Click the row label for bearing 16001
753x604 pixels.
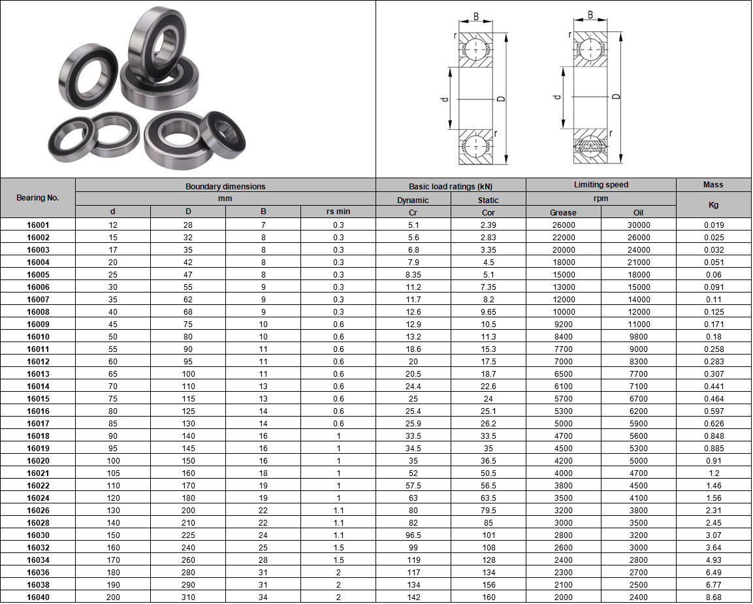click(x=38, y=225)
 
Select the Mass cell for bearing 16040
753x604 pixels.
click(x=713, y=597)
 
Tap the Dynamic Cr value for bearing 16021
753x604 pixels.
click(x=413, y=473)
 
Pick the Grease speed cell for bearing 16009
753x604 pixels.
click(x=563, y=325)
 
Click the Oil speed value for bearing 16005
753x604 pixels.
click(x=639, y=275)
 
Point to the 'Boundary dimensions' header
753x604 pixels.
click(x=225, y=186)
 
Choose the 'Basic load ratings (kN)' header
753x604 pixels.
click(x=451, y=186)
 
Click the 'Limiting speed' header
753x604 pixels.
click(x=601, y=185)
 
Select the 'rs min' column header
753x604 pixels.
click(x=338, y=212)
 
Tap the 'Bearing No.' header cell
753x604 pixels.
click(x=38, y=198)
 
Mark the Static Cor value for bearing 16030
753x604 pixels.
click(x=489, y=535)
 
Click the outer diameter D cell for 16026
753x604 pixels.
click(x=188, y=511)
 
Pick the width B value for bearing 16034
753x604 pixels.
click(x=263, y=560)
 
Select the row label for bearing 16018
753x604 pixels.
click(x=38, y=436)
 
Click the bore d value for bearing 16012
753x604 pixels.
click(x=113, y=362)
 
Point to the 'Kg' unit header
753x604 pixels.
click(x=713, y=205)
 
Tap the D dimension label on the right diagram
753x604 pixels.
click(x=616, y=97)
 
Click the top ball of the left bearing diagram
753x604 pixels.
click(x=475, y=50)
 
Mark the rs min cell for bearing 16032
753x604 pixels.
click(x=338, y=548)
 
